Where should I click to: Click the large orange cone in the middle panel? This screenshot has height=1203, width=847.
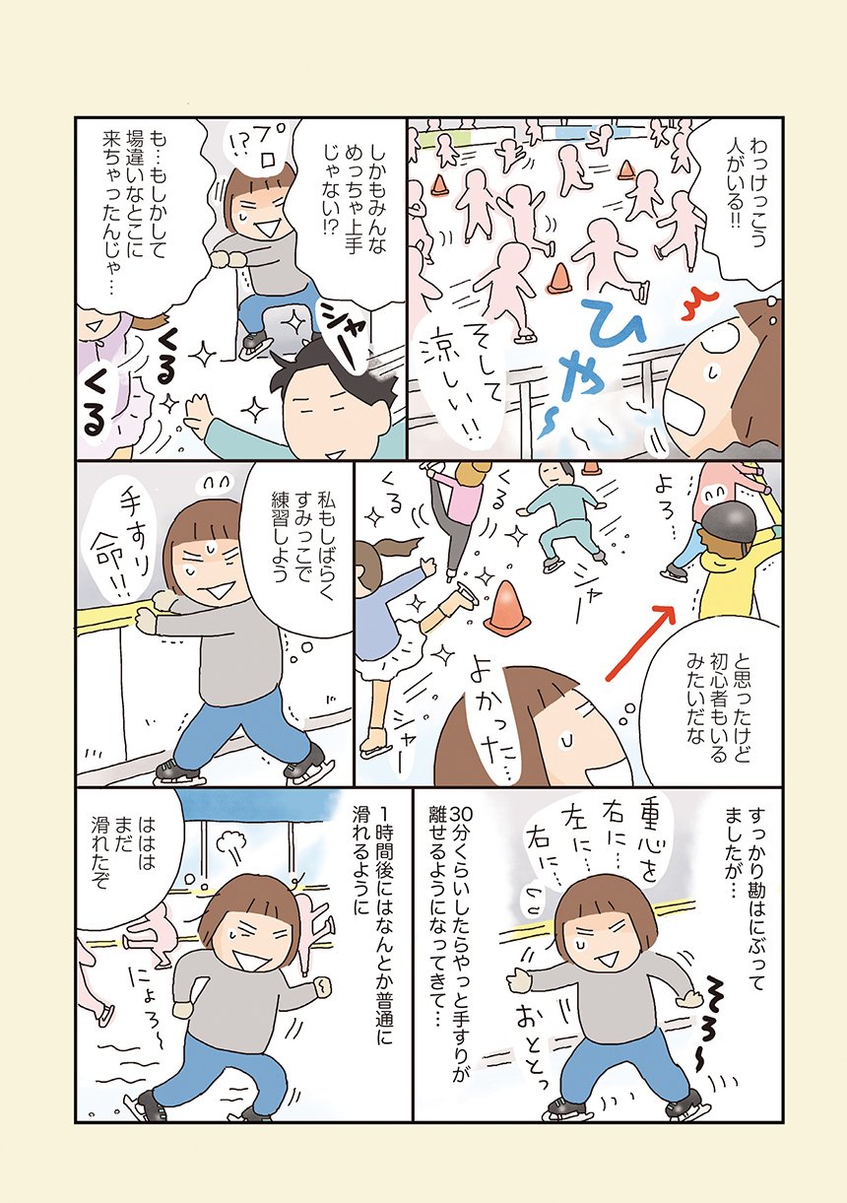point(506,604)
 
